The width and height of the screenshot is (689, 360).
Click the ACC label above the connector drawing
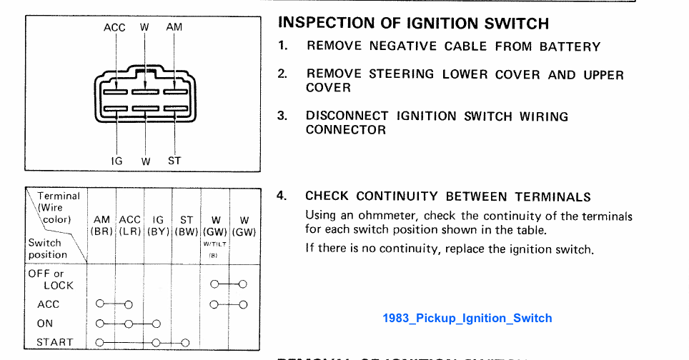[x=114, y=27]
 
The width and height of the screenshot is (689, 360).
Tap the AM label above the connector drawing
[x=174, y=27]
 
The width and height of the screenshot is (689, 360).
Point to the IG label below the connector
[x=117, y=161]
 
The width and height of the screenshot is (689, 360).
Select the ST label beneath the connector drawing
[x=174, y=161]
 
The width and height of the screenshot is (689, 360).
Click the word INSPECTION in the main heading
[x=320, y=23]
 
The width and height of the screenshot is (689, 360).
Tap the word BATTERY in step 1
[x=570, y=46]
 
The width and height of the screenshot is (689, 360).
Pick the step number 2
[x=282, y=74]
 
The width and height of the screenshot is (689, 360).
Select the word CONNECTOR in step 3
[x=346, y=130]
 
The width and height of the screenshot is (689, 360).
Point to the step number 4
[x=282, y=196]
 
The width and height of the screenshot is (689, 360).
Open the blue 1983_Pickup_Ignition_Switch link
[x=467, y=318]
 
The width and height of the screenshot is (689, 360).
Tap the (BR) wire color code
[x=101, y=231]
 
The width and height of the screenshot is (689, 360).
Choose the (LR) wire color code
[x=129, y=231]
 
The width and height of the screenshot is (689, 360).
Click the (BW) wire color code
[x=187, y=231]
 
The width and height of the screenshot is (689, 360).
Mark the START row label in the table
[x=55, y=342]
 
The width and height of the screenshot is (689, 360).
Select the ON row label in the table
[x=45, y=324]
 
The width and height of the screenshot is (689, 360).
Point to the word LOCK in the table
[x=58, y=285]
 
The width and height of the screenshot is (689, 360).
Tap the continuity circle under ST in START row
[x=185, y=342]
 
